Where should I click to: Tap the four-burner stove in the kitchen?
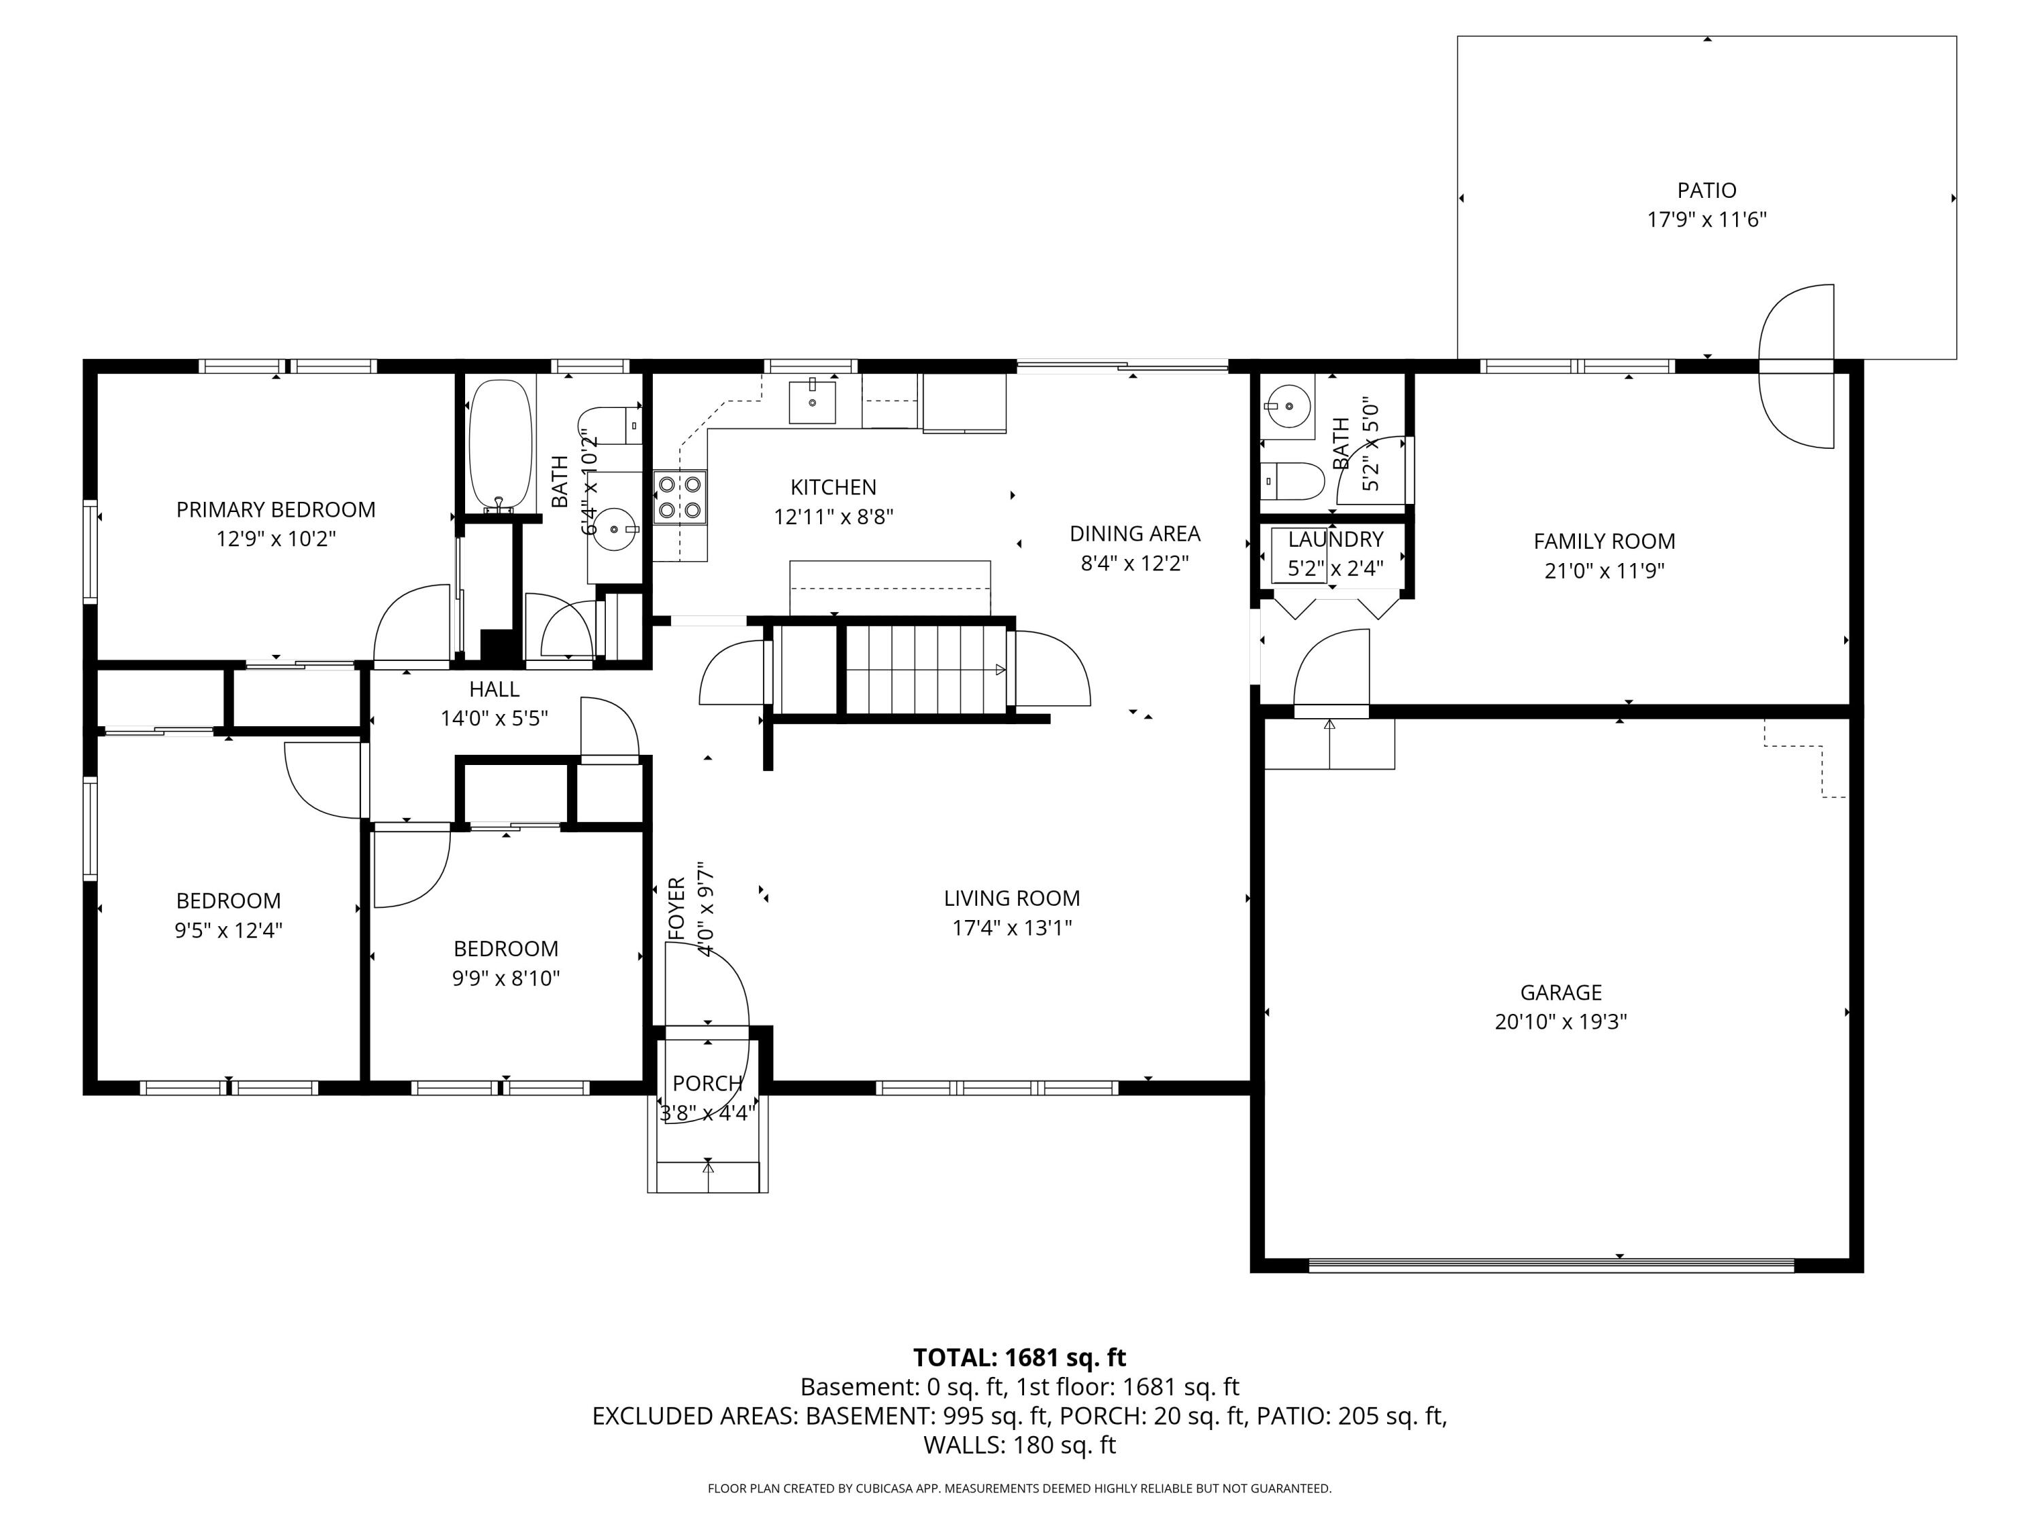click(680, 497)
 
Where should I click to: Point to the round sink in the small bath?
click(1287, 405)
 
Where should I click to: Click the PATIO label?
click(1706, 191)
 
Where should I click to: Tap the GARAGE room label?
click(1561, 992)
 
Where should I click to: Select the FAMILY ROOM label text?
click(1603, 541)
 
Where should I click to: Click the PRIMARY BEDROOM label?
click(276, 510)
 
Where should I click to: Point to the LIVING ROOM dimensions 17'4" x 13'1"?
click(1012, 927)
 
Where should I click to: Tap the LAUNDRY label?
click(1336, 539)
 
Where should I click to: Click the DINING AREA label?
click(1134, 534)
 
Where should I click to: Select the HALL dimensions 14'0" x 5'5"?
click(494, 719)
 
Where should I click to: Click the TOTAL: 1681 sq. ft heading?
click(1019, 1357)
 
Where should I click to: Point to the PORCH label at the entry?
click(707, 1084)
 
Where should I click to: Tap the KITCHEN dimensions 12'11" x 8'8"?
click(834, 516)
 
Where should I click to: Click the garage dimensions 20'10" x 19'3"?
click(1561, 1022)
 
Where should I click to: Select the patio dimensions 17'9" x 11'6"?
click(1706, 220)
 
